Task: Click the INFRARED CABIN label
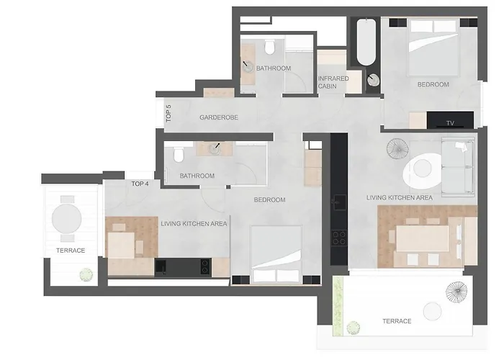point(333,82)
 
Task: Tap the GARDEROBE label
point(219,117)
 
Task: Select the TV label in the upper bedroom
point(450,123)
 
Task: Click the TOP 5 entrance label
point(168,114)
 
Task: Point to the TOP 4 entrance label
point(140,184)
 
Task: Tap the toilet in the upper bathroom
point(269,48)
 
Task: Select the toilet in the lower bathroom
point(177,153)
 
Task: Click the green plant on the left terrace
point(86,274)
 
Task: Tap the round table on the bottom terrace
point(432,311)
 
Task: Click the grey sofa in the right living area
point(457,168)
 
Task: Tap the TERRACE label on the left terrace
point(71,251)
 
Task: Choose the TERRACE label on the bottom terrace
point(397,321)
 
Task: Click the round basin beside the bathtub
point(373,81)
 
